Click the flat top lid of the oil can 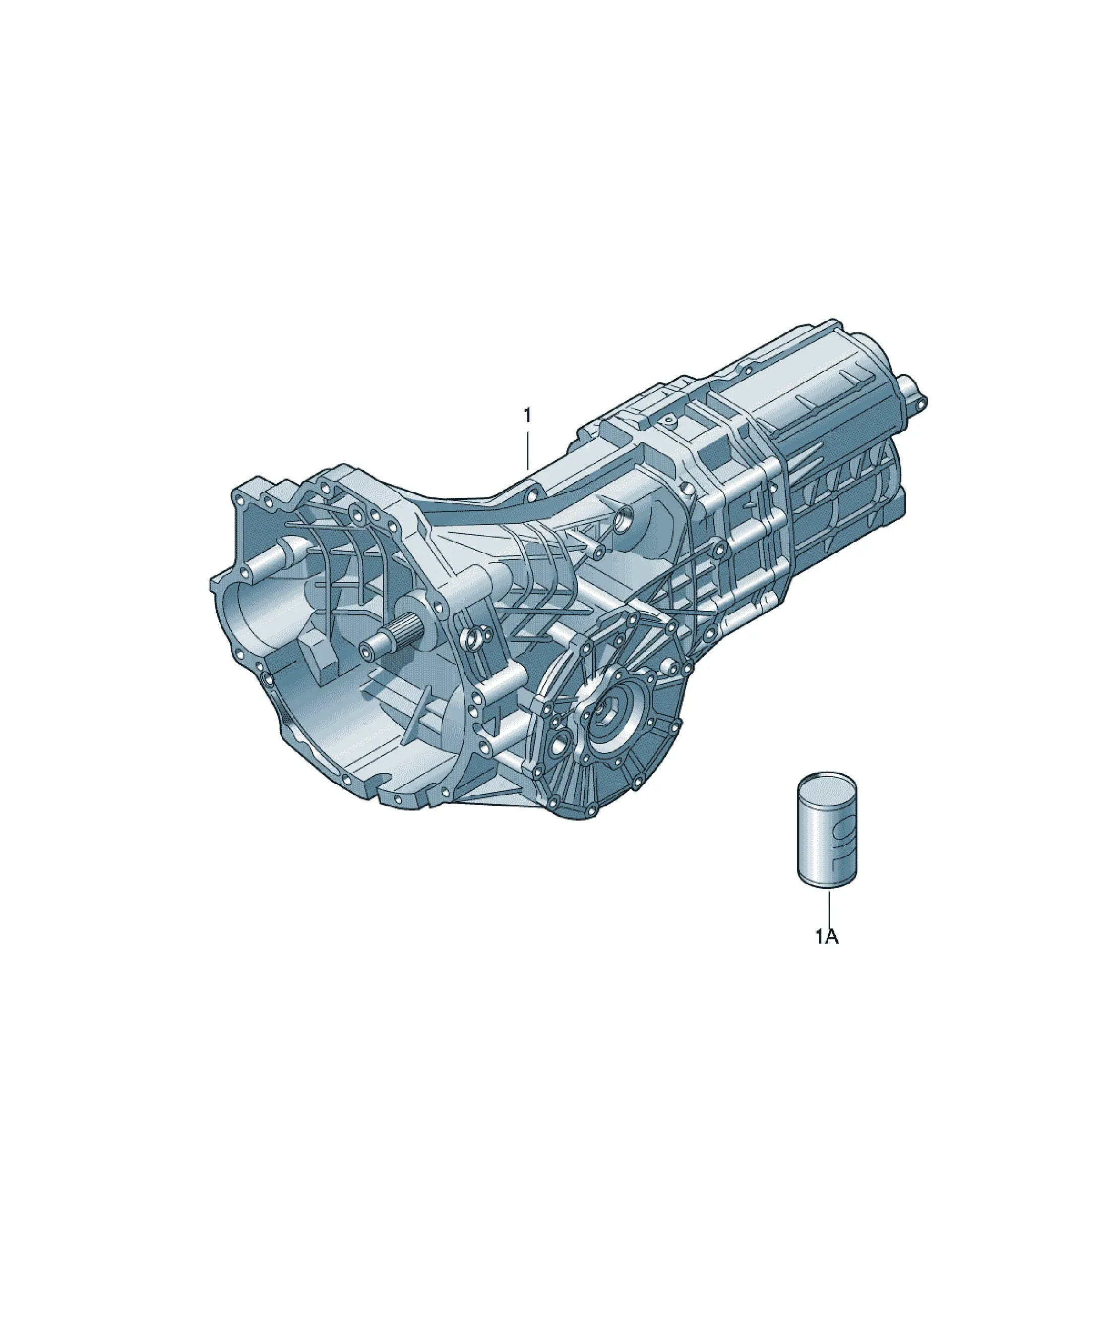(827, 781)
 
